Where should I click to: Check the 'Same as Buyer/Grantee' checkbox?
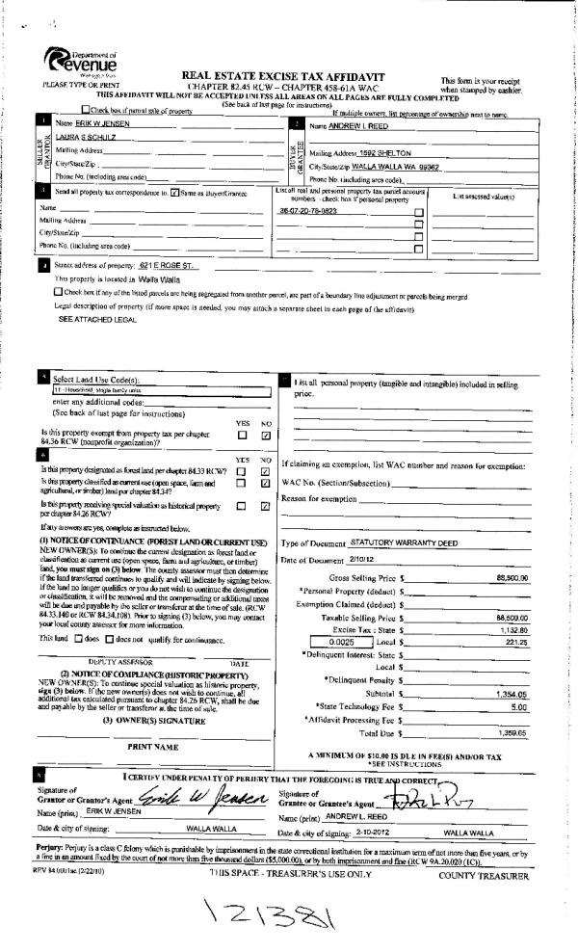point(173,194)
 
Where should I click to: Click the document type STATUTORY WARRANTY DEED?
point(394,543)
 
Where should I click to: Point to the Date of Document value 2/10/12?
point(348,560)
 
